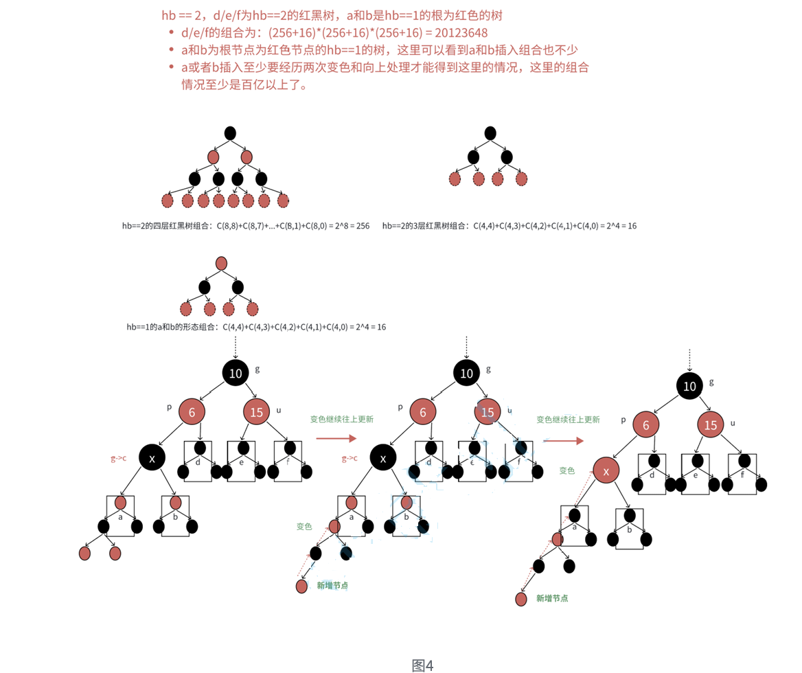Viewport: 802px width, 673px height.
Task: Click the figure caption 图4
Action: point(422,665)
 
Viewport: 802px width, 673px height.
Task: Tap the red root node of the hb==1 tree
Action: point(221,263)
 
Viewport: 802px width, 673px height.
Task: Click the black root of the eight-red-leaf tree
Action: point(230,133)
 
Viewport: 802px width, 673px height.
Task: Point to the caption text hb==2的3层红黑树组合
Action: point(426,226)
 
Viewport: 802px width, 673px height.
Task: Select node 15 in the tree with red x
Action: point(711,424)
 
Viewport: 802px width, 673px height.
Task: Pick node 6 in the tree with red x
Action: point(646,424)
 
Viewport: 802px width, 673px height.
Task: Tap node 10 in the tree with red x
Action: point(689,386)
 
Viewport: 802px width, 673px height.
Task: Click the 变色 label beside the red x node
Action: point(567,470)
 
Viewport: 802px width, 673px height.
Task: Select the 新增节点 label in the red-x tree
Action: point(552,598)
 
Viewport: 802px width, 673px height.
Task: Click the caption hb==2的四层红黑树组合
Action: point(167,226)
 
